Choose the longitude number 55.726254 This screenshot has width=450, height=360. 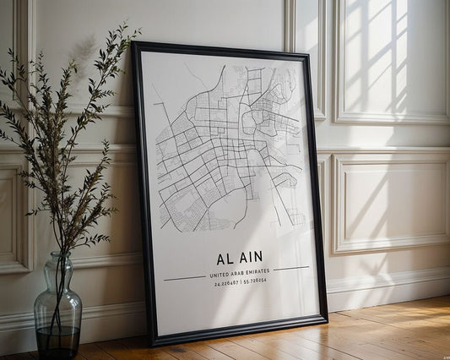point(255,281)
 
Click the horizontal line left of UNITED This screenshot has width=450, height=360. point(185,277)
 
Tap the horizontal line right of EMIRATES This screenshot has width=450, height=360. point(291,269)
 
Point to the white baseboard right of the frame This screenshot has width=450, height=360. point(388,288)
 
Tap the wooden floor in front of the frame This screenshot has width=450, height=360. point(279,342)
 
